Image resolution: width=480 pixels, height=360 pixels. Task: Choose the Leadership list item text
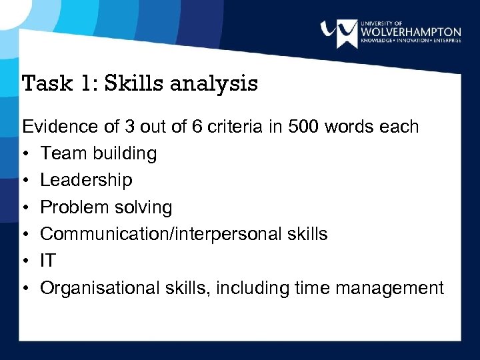click(86, 180)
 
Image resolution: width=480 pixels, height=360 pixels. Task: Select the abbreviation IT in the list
click(48, 261)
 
